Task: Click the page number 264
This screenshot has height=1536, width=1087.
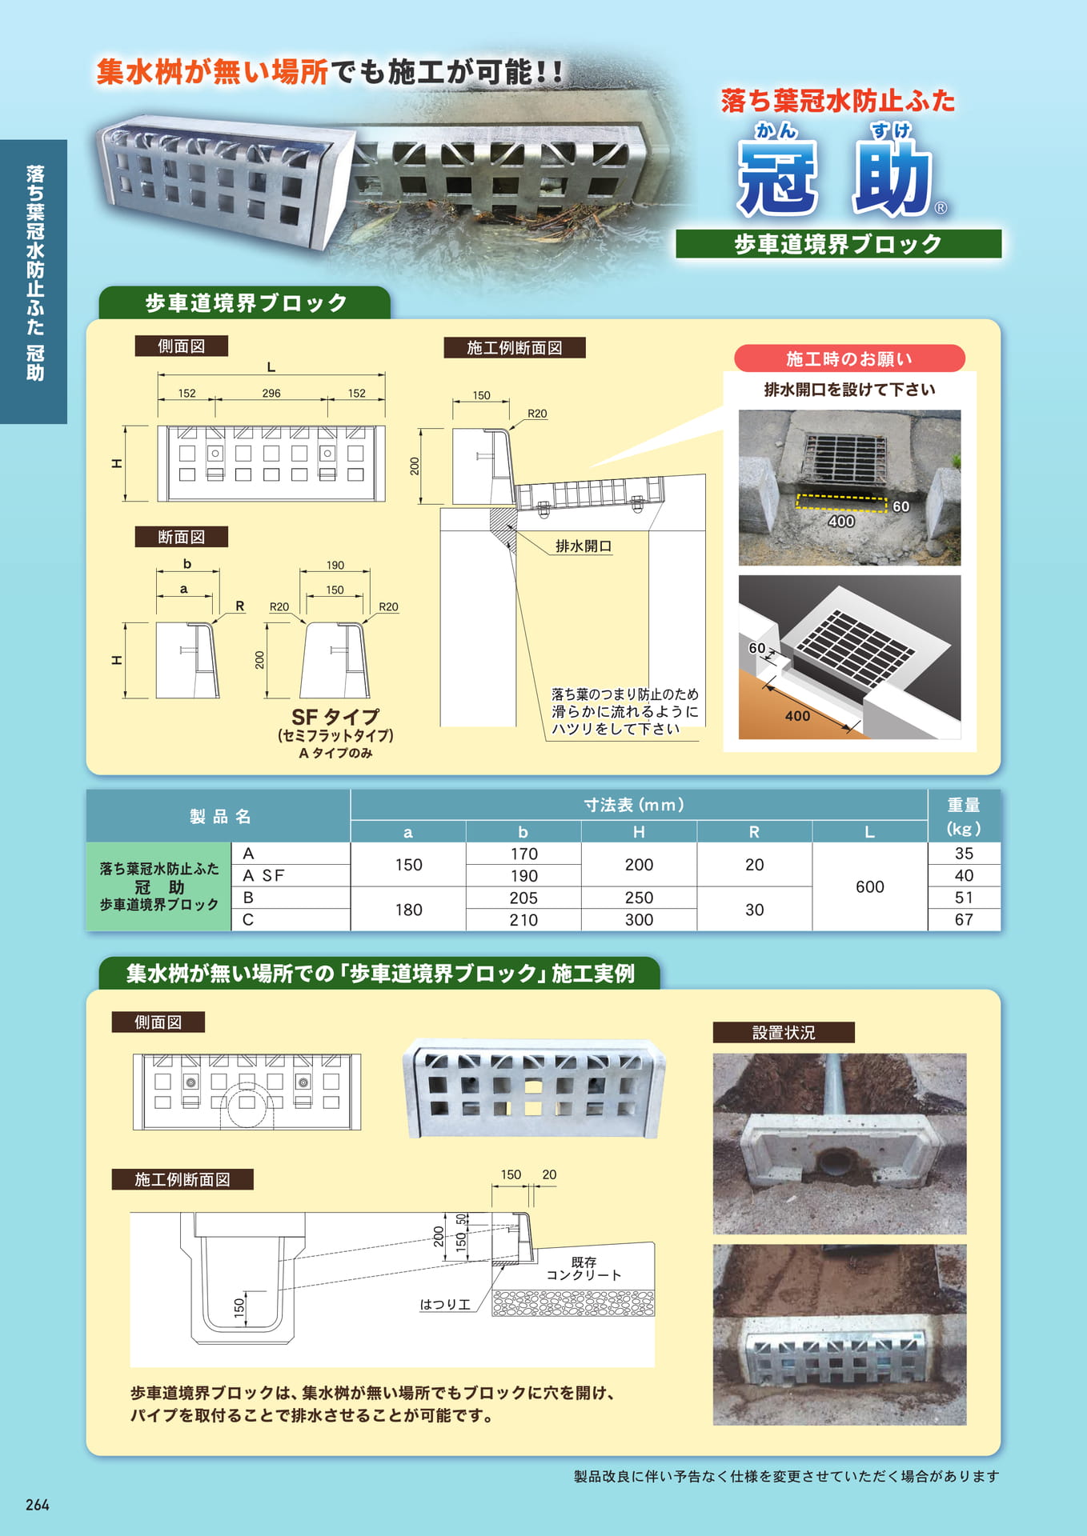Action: coord(37,1505)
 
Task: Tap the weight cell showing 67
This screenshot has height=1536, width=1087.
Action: coord(964,920)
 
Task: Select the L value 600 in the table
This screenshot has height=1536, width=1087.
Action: coord(869,886)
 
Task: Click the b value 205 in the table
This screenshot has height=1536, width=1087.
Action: coord(523,898)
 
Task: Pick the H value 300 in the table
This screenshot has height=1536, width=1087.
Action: coord(639,920)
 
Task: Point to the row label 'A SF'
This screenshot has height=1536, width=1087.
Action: coord(263,875)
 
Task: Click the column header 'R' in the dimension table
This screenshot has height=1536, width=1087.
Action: coord(754,832)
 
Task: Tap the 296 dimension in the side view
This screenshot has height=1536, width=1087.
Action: coord(271,393)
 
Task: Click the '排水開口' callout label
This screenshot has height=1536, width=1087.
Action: coord(584,546)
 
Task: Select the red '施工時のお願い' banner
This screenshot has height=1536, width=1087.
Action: coord(849,358)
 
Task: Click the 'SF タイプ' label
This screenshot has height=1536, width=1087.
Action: coord(335,716)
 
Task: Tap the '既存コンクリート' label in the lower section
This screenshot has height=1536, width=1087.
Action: coord(584,1269)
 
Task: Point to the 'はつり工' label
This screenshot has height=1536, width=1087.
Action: coord(445,1304)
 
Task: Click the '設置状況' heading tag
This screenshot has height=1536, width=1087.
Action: coord(784,1032)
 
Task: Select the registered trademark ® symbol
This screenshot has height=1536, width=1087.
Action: coord(941,208)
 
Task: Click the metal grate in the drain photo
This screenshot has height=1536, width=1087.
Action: coord(844,460)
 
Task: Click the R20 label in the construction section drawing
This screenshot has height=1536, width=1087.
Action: coord(537,414)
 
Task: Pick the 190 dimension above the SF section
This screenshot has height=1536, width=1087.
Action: coord(335,565)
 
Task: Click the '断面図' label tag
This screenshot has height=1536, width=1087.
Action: coord(182,537)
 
